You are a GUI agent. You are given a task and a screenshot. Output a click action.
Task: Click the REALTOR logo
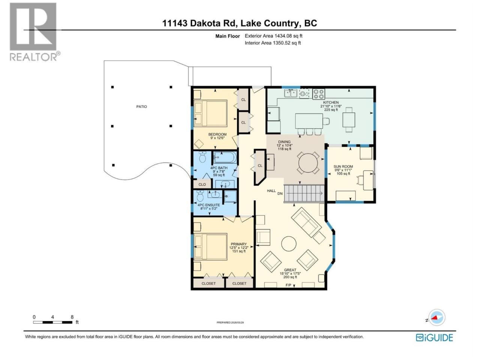[x=35, y=32]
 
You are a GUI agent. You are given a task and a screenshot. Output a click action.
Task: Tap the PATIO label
[x=141, y=106]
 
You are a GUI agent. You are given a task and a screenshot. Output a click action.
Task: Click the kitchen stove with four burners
[x=319, y=94]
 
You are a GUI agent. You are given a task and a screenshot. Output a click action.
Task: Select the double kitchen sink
[x=290, y=93]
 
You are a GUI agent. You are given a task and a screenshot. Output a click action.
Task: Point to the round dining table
[x=308, y=163]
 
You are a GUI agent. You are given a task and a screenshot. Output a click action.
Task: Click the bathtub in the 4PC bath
[x=225, y=157]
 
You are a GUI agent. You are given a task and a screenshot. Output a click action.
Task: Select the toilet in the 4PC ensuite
[x=200, y=196]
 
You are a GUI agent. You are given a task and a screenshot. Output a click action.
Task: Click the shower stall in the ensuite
[x=231, y=196]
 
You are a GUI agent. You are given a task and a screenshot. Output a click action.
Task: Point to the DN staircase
[x=304, y=193]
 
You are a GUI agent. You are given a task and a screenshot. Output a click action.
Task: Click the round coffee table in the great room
[x=289, y=244]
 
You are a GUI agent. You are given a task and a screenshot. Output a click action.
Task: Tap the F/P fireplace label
[x=288, y=285]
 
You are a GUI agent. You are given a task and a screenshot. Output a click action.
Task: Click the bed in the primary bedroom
[x=210, y=247]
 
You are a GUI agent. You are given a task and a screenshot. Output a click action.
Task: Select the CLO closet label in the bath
[x=202, y=184]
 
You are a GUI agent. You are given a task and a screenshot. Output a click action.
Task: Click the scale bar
[x=53, y=322]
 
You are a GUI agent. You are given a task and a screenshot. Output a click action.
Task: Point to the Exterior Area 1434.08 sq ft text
[x=274, y=36]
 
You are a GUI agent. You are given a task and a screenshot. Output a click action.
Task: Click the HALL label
[x=271, y=191]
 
